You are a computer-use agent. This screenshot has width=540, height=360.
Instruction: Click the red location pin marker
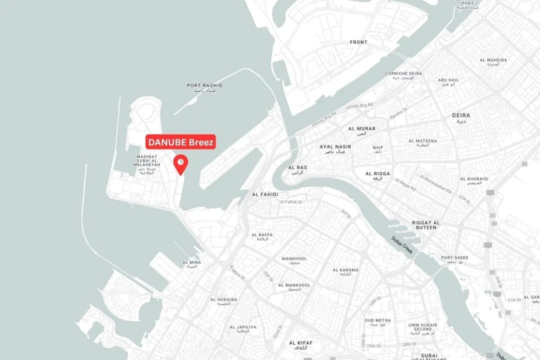pyautogui.click(x=180, y=163)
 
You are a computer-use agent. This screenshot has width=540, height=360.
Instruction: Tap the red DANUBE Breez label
pyautogui.click(x=181, y=142)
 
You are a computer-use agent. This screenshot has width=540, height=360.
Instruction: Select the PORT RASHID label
pyautogui.click(x=204, y=87)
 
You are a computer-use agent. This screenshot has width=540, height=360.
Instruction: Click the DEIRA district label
pyautogui.click(x=461, y=118)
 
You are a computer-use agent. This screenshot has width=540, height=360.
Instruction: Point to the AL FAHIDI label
pyautogui.click(x=265, y=194)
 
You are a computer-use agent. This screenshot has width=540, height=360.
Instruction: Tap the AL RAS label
pyautogui.click(x=297, y=169)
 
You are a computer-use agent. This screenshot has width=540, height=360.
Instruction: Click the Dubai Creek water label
pyautogui.click(x=402, y=244)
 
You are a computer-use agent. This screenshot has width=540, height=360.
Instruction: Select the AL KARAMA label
pyautogui.click(x=345, y=272)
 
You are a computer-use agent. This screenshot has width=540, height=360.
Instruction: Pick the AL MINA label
pyautogui.click(x=191, y=264)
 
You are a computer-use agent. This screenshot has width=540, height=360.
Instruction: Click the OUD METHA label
pyautogui.click(x=377, y=322)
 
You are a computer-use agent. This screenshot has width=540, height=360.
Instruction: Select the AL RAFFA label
pyautogui.click(x=262, y=236)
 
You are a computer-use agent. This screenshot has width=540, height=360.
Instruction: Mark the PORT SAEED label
pyautogui.click(x=454, y=259)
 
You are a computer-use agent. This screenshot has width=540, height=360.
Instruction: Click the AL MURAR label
pyautogui.click(x=362, y=131)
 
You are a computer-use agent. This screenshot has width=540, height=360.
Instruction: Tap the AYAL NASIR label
pyautogui.click(x=335, y=148)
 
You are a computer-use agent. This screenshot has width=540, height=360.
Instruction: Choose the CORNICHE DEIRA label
pyautogui.click(x=403, y=75)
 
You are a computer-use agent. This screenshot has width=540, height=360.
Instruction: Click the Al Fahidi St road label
pyautogui.click(x=291, y=202)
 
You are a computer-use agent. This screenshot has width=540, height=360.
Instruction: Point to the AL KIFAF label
pyautogui.click(x=301, y=344)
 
